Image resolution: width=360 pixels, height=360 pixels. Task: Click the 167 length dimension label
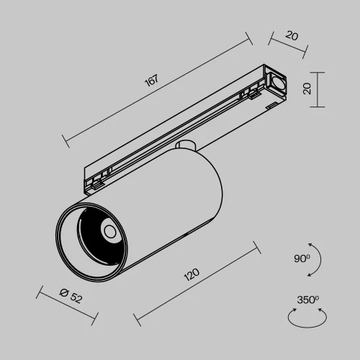pyautogui.click(x=150, y=81)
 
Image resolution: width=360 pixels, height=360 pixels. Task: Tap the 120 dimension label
pyautogui.click(x=191, y=276)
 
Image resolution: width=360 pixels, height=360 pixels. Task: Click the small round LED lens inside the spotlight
pyautogui.click(x=109, y=231)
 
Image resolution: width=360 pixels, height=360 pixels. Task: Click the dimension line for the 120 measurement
pyautogui.click(x=196, y=284)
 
